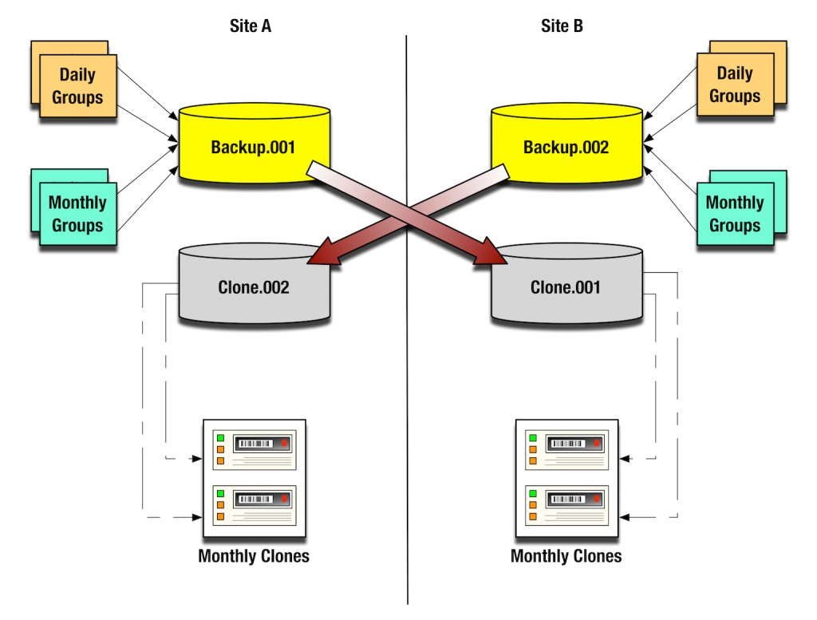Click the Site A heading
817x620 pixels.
point(250,26)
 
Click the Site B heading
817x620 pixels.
point(562,26)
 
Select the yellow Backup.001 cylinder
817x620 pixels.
point(254,147)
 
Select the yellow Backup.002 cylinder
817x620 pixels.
point(566,147)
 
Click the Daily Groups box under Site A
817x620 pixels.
point(77,86)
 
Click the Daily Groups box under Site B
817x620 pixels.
point(735,85)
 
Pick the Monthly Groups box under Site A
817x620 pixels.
point(77,214)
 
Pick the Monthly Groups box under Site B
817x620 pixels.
point(735,214)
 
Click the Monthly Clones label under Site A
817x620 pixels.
point(254,556)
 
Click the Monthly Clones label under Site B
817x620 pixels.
point(566,556)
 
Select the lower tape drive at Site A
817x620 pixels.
point(255,505)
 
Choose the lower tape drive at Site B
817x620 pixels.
point(566,505)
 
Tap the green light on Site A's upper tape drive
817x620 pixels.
point(219,436)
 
